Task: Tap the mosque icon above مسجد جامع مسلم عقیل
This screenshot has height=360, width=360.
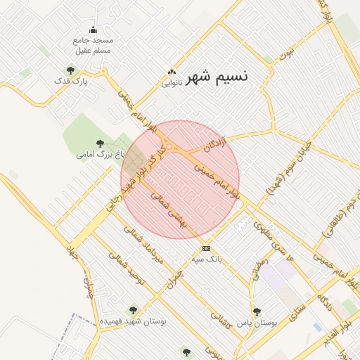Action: point(94,30)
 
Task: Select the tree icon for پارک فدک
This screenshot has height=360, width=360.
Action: point(70,70)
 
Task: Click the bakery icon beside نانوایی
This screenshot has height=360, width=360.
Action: point(172,72)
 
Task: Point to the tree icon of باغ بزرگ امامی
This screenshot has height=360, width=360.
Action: point(98,143)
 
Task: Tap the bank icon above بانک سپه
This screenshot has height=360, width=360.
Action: point(206,249)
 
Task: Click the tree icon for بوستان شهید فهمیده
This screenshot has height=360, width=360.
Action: point(131,310)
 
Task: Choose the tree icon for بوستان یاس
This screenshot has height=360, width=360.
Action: point(257,310)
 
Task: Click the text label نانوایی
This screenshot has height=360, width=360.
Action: point(172,83)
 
